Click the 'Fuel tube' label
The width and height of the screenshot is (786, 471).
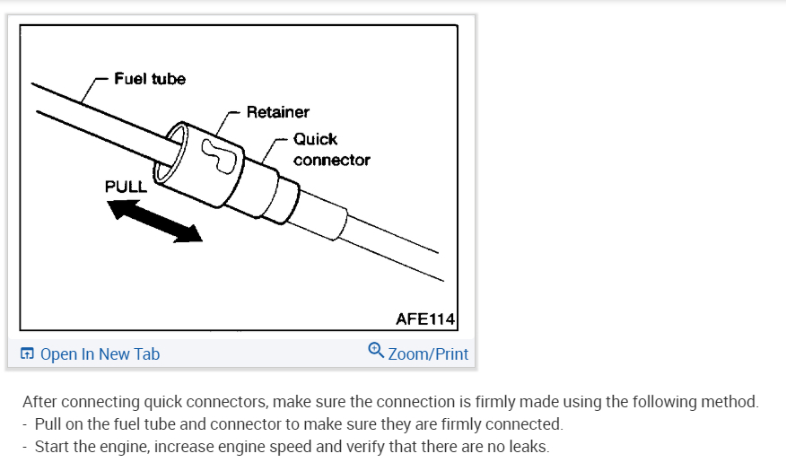pos(150,79)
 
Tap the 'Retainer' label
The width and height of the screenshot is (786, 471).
pos(277,112)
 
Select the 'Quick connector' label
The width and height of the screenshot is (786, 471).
pos(330,150)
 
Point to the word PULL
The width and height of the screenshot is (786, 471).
pos(127,187)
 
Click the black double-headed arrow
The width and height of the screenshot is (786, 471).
pos(154,221)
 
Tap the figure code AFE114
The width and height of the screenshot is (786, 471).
pos(425,318)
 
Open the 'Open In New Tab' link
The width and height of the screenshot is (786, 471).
pos(100,354)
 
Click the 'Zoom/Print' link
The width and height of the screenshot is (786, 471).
pos(428,354)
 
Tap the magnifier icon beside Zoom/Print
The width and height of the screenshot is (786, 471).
pos(377,351)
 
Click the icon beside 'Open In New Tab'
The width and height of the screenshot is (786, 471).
pos(28,354)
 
